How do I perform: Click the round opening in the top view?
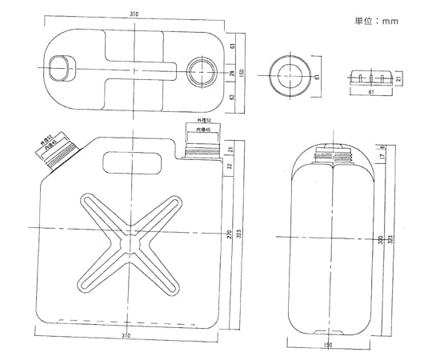[199, 70]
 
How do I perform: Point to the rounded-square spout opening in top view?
[59, 69]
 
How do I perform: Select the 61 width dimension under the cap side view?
[371, 93]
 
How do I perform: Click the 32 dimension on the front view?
[229, 167]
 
